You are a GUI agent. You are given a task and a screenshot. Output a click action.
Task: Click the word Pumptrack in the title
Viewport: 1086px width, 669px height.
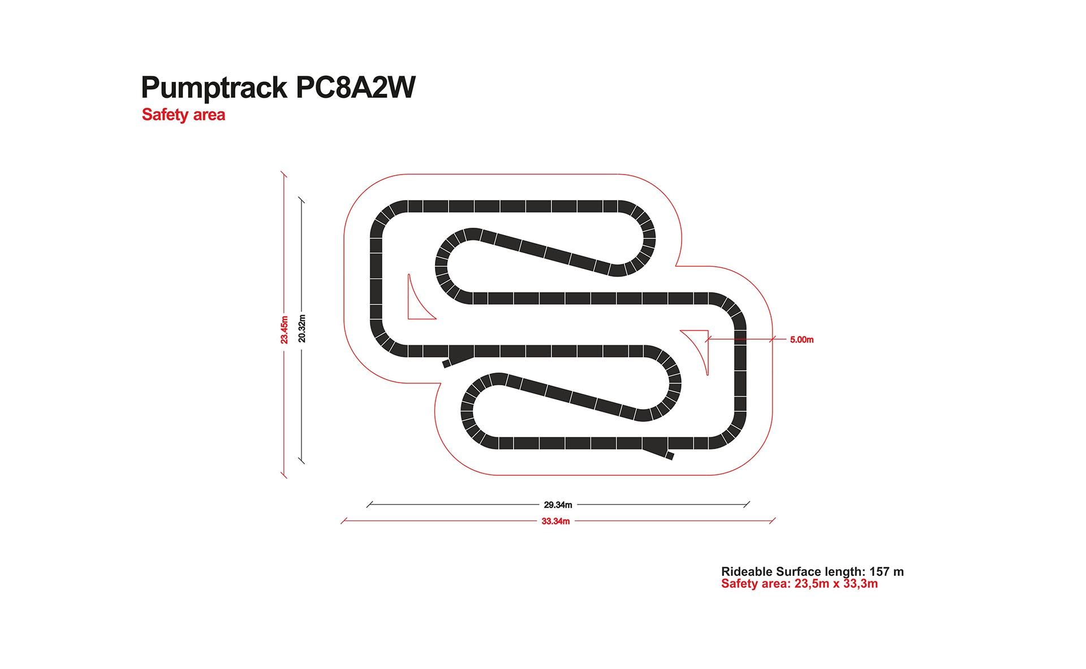point(214,88)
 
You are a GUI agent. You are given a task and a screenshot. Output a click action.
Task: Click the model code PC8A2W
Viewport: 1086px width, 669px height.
point(356,87)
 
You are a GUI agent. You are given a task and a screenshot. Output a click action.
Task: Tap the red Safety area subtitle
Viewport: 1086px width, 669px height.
point(183,115)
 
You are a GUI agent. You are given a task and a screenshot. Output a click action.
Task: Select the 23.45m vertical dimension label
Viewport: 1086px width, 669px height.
point(284,330)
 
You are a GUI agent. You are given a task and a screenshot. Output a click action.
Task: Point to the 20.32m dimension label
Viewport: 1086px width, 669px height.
point(301,328)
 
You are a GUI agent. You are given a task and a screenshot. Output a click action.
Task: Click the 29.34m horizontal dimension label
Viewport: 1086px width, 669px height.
point(558,505)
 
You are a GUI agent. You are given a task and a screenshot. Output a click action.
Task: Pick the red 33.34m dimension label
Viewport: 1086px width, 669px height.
point(555,521)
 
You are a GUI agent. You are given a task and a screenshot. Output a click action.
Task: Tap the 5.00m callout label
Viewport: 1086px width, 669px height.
point(801,340)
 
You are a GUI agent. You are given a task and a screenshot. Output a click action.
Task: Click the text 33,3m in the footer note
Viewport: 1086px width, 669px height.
point(861,584)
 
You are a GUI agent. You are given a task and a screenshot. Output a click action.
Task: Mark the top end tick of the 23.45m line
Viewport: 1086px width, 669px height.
point(284,175)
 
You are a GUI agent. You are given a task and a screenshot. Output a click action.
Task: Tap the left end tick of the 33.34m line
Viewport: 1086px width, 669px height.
point(343,521)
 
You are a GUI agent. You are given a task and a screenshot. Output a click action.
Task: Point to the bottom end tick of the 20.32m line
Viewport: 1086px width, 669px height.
point(301,461)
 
